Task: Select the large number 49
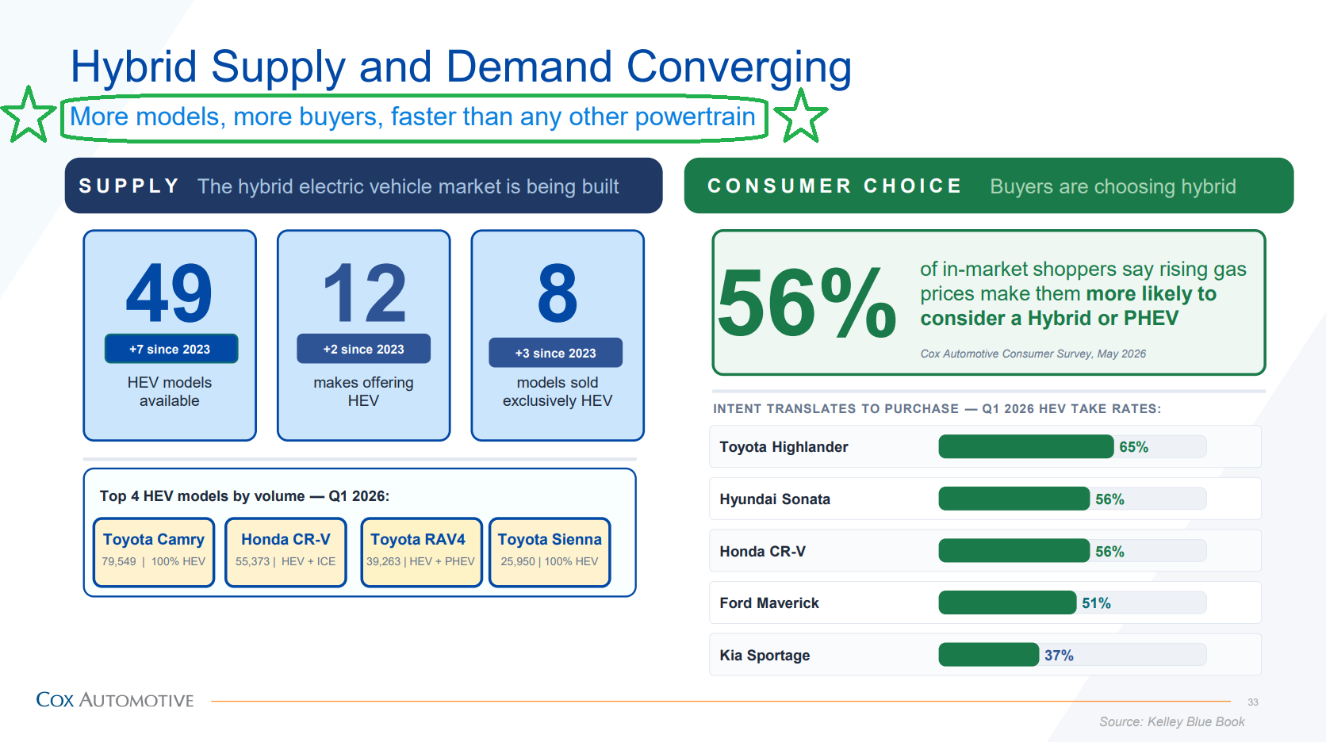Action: (x=169, y=293)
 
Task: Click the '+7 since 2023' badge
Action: (x=171, y=349)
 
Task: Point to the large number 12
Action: (x=365, y=293)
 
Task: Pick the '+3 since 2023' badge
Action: (x=555, y=353)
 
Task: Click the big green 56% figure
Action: (x=807, y=303)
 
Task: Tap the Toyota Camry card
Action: (x=153, y=552)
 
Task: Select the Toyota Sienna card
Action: (x=550, y=552)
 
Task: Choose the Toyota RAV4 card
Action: (x=421, y=552)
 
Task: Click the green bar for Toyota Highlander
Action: (x=1026, y=447)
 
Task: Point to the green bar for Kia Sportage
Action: (x=989, y=655)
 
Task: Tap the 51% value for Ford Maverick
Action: (x=1096, y=603)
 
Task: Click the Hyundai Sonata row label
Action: (x=774, y=499)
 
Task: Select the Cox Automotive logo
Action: (x=115, y=700)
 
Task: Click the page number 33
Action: (x=1252, y=702)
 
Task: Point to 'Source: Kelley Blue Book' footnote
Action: (x=1171, y=722)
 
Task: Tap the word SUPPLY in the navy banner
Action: (x=129, y=185)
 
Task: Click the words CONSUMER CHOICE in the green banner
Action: (x=834, y=185)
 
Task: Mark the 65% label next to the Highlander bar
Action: (x=1133, y=447)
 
